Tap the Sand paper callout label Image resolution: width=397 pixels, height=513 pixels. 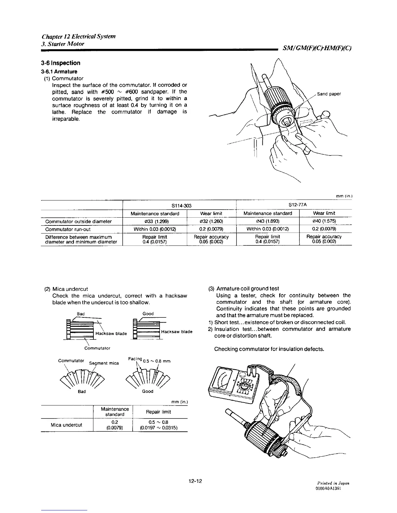click(x=329, y=94)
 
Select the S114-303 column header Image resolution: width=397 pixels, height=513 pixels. click(x=179, y=205)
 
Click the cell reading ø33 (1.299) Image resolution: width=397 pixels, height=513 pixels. click(x=155, y=222)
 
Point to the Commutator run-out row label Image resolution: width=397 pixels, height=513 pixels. click(x=68, y=229)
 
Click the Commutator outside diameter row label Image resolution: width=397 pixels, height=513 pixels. click(x=78, y=222)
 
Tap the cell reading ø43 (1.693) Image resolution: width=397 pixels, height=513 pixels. click(x=268, y=222)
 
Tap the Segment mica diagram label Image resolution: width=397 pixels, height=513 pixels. click(x=104, y=363)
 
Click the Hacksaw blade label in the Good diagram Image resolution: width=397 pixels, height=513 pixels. click(x=177, y=332)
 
